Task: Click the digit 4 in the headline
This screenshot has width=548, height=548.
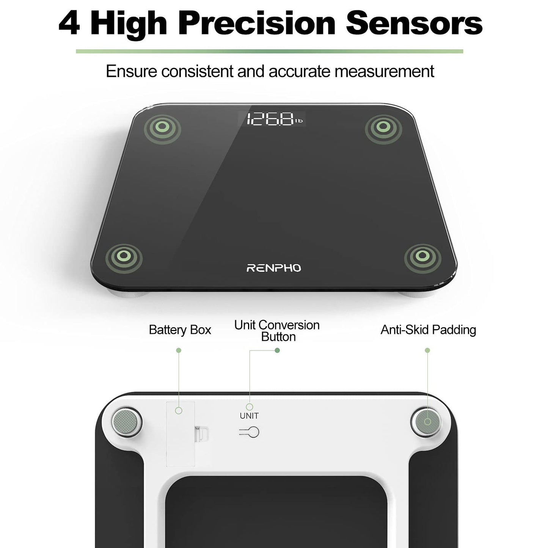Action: pyautogui.click(x=69, y=24)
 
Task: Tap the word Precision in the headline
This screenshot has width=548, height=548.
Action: pyautogui.click(x=257, y=24)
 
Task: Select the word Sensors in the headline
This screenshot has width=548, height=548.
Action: pyautogui.click(x=414, y=24)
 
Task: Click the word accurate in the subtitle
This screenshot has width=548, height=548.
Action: pyautogui.click(x=295, y=71)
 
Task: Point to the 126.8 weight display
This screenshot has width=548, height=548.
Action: pyautogui.click(x=271, y=119)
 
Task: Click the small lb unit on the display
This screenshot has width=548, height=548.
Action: pyautogui.click(x=299, y=121)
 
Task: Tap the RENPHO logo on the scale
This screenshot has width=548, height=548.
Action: pyautogui.click(x=274, y=268)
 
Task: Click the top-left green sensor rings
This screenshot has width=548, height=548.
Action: pyautogui.click(x=162, y=127)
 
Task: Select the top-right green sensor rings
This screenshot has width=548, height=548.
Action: pyautogui.click(x=383, y=127)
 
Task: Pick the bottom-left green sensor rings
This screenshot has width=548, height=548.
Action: pyautogui.click(x=124, y=257)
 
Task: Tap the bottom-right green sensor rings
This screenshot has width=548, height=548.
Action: pyautogui.click(x=422, y=257)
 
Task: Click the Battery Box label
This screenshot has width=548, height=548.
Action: pyautogui.click(x=180, y=330)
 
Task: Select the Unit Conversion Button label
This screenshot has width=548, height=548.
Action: pyautogui.click(x=277, y=331)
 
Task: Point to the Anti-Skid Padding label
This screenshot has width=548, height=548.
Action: pyautogui.click(x=428, y=330)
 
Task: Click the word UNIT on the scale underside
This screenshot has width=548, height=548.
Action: pyautogui.click(x=249, y=416)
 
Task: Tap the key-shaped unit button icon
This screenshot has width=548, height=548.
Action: pyautogui.click(x=250, y=432)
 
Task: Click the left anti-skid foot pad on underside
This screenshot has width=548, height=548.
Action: pyautogui.click(x=127, y=421)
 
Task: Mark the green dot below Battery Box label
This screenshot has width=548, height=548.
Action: pyautogui.click(x=179, y=350)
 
